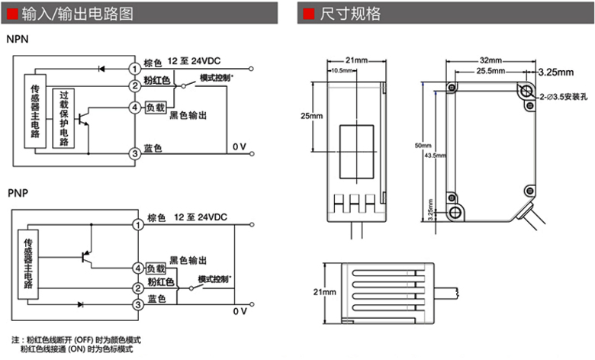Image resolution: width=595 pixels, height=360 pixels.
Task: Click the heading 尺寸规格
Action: (x=350, y=14)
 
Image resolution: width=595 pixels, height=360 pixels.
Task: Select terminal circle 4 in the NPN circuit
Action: (x=134, y=108)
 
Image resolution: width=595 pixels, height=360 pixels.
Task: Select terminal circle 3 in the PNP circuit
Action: (x=137, y=305)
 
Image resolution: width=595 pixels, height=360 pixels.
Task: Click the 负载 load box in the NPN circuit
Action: (x=155, y=108)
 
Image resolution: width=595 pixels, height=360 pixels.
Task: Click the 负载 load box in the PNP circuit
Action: (x=156, y=268)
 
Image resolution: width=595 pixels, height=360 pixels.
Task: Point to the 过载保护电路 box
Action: (x=63, y=117)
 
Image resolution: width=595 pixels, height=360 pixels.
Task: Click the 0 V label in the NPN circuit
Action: (x=240, y=146)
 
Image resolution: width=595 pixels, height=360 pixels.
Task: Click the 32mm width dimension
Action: (x=490, y=60)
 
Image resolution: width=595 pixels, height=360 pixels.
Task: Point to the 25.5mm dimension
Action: (x=490, y=71)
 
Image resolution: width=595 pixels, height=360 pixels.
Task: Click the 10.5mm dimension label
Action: (x=343, y=70)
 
